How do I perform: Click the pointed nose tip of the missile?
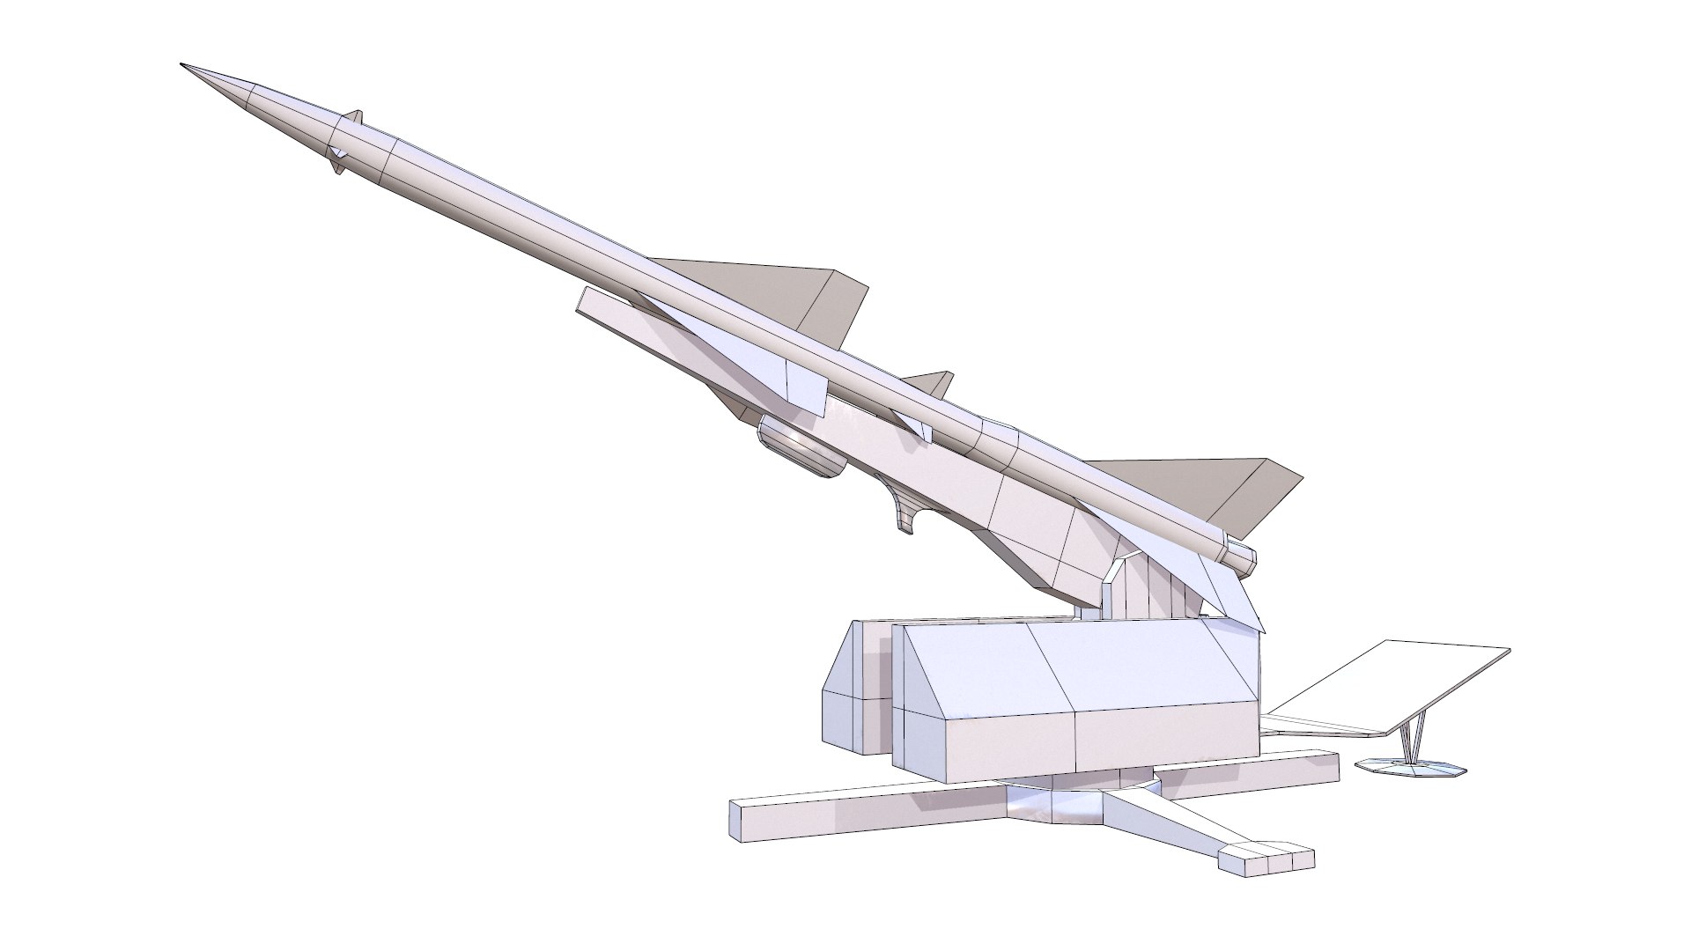coord(183,66)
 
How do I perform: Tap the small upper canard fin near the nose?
coord(354,117)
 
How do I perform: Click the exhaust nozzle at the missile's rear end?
coord(1243,557)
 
